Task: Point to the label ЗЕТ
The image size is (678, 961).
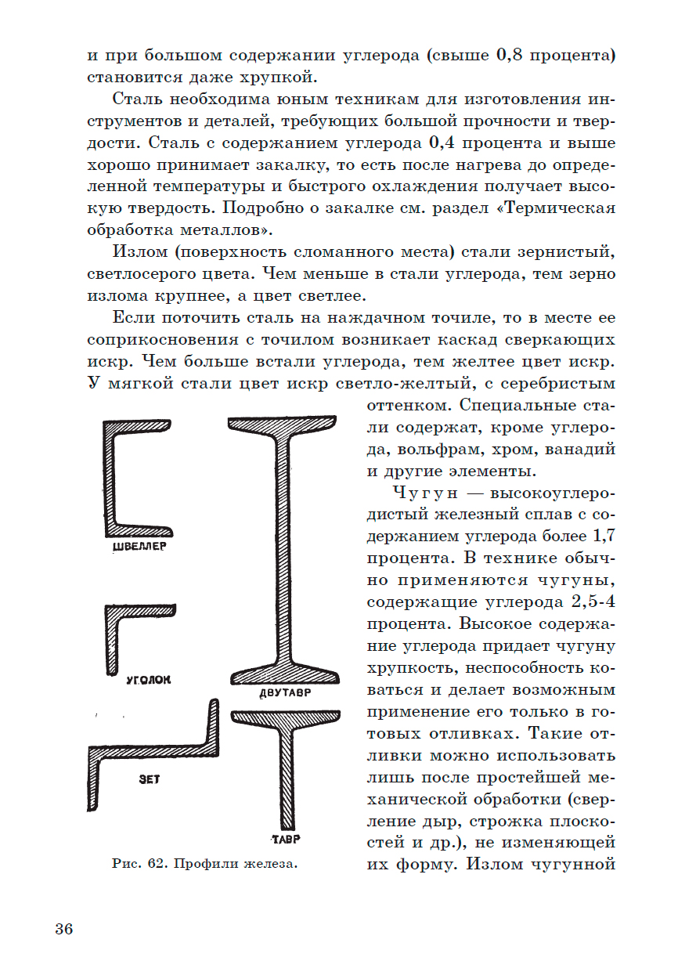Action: (x=149, y=780)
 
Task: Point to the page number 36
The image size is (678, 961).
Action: (x=64, y=930)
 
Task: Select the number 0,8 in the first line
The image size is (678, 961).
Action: (x=512, y=56)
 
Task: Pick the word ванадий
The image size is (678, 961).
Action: (x=580, y=450)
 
